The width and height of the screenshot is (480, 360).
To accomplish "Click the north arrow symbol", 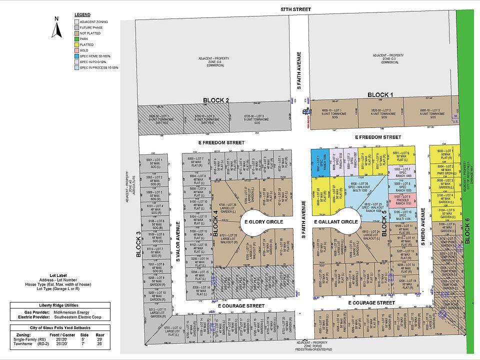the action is coord(57,28).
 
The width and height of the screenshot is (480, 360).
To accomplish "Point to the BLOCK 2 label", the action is coord(216,100).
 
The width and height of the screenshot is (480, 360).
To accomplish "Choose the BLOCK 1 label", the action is coord(380,95).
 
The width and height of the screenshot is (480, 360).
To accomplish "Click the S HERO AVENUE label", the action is coord(422,234).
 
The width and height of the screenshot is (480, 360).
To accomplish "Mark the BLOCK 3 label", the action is coord(138,247).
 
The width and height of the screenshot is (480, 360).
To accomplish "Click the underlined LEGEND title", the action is coord(82,15).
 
